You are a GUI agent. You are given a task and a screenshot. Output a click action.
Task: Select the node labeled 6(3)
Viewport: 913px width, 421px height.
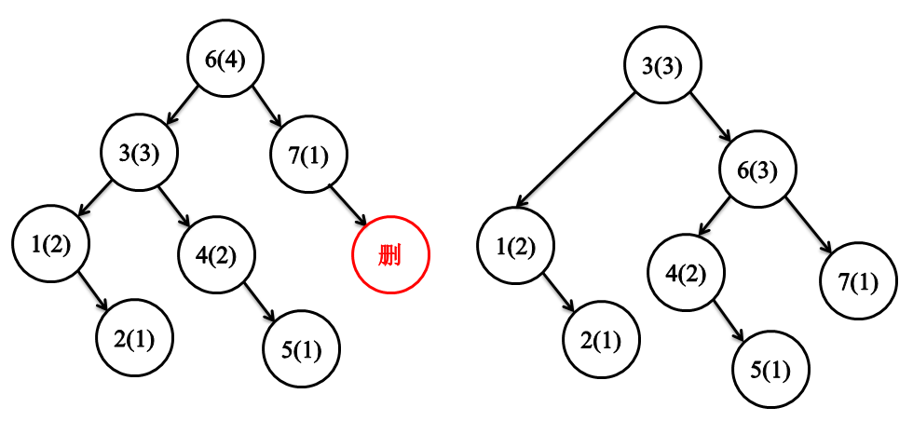(756, 170)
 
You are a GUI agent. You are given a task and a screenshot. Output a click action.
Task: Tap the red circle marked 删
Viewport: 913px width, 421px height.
(390, 254)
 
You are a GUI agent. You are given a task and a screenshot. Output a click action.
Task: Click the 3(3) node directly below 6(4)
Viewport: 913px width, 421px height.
(141, 153)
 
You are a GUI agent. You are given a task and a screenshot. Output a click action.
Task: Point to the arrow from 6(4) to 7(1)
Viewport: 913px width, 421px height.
(267, 108)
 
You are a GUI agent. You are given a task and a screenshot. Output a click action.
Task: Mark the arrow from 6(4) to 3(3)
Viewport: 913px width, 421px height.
(183, 106)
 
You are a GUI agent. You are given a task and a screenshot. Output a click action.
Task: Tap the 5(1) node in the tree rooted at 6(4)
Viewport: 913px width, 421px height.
(301, 350)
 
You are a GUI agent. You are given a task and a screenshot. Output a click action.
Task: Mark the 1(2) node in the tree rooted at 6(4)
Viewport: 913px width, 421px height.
(50, 245)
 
